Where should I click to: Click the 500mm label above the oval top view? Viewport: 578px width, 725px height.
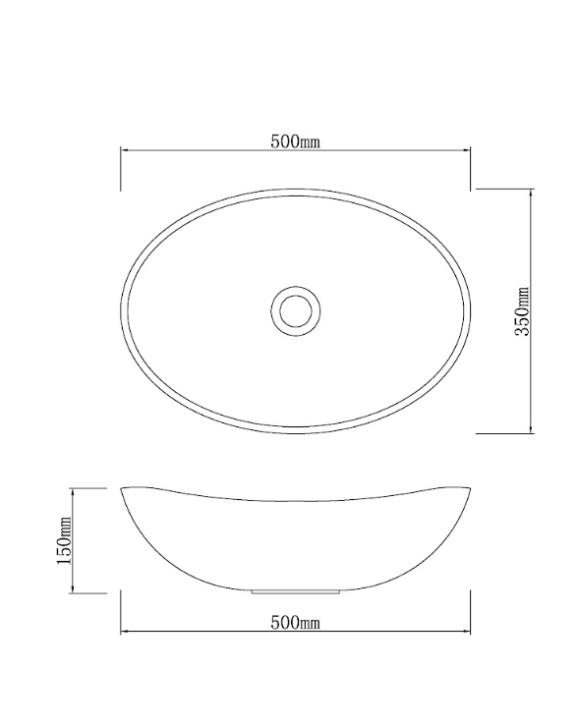click(296, 140)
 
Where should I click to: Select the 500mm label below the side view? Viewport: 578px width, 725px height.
click(296, 622)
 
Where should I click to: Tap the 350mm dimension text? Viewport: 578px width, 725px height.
click(524, 310)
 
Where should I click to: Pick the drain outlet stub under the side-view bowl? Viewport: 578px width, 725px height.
click(295, 592)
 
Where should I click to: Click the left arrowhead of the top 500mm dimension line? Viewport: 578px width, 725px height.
click(125, 150)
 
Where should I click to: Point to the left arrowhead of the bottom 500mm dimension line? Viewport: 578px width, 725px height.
click(125, 631)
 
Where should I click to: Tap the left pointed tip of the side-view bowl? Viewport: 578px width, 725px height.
click(122, 488)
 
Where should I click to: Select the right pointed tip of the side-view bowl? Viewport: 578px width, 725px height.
click(470, 488)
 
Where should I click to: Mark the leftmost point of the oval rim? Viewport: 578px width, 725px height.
click(121, 309)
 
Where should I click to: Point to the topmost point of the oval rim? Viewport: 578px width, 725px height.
click(295, 188)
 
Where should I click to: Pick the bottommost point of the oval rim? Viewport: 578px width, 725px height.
click(295, 432)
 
